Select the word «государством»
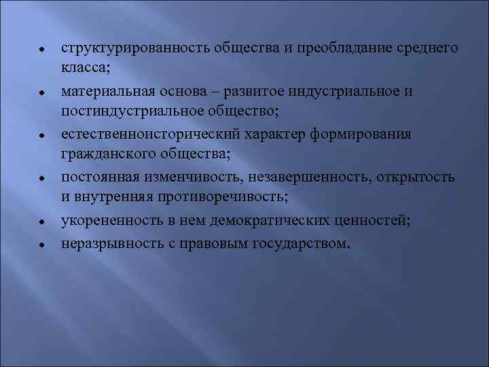click(x=302, y=243)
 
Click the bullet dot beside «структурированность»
click(x=42, y=50)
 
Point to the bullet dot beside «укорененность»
click(x=42, y=222)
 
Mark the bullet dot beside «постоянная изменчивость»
click(x=42, y=179)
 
